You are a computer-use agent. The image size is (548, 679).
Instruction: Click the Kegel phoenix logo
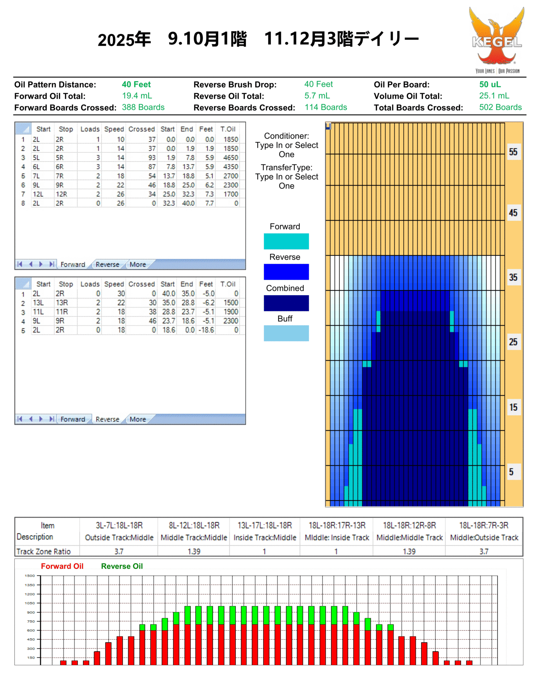[496, 40]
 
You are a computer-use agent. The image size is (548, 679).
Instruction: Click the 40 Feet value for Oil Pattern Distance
[136, 85]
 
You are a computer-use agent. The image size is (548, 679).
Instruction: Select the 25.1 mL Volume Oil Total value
[494, 96]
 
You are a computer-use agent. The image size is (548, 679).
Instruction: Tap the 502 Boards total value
[500, 107]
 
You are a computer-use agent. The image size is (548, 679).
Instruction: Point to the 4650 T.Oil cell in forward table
[230, 158]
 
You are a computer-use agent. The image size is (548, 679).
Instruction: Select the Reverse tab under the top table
[107, 265]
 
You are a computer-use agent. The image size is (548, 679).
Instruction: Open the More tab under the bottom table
[138, 419]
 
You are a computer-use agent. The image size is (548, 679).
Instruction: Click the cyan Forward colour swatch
[286, 241]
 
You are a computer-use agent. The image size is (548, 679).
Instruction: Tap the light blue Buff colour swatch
[286, 333]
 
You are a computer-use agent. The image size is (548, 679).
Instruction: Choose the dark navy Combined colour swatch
[286, 303]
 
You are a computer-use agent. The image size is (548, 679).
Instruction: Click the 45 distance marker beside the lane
[513, 213]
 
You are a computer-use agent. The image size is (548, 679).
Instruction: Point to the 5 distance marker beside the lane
[511, 472]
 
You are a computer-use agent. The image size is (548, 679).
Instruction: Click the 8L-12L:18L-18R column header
[194, 525]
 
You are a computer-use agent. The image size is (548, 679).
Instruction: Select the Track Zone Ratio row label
[43, 551]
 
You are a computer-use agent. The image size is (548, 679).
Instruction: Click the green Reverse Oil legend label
[122, 566]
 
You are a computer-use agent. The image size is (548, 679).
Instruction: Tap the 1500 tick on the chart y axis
[30, 576]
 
